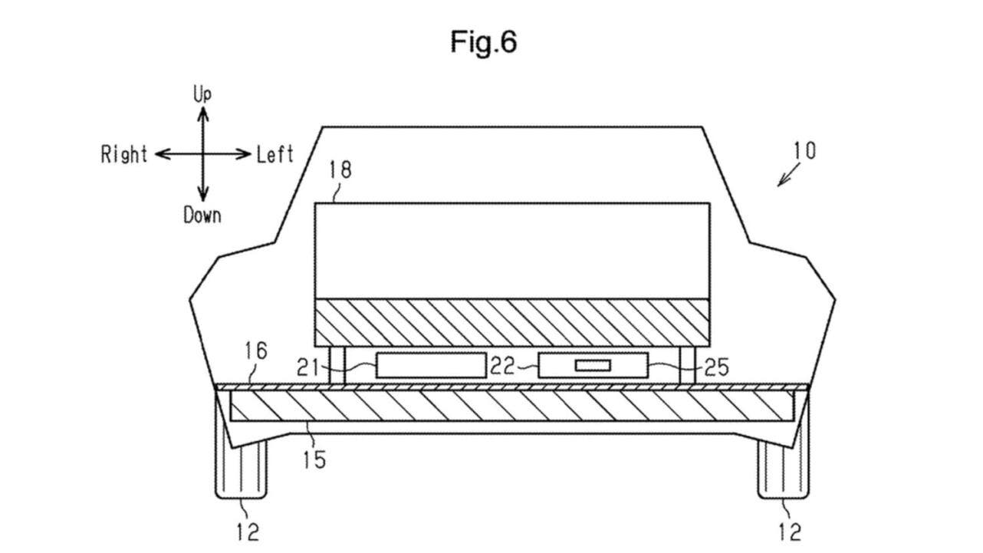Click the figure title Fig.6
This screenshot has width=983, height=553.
pyautogui.click(x=483, y=42)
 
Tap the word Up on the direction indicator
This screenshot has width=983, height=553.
pyautogui.click(x=202, y=94)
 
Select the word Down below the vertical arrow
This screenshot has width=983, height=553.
pyautogui.click(x=202, y=216)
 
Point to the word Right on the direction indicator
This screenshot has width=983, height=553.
pyautogui.click(x=124, y=155)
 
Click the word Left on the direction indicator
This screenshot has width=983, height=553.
pyautogui.click(x=275, y=155)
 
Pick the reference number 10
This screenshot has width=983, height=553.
pyautogui.click(x=804, y=150)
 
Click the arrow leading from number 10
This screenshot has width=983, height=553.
pyautogui.click(x=787, y=176)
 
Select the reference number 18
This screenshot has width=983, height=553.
pyautogui.click(x=340, y=170)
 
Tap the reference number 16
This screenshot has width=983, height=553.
pyautogui.click(x=255, y=351)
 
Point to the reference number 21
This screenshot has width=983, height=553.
pyautogui.click(x=308, y=367)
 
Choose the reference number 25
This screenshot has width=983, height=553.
pyautogui.click(x=715, y=367)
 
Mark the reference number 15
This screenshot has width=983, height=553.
pyautogui.click(x=314, y=459)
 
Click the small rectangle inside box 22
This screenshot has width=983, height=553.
pyautogui.click(x=593, y=366)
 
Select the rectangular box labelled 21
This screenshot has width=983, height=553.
pyautogui.click(x=431, y=366)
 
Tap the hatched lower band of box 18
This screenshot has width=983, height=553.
pyautogui.click(x=512, y=321)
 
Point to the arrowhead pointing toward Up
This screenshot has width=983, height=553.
pyautogui.click(x=202, y=112)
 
